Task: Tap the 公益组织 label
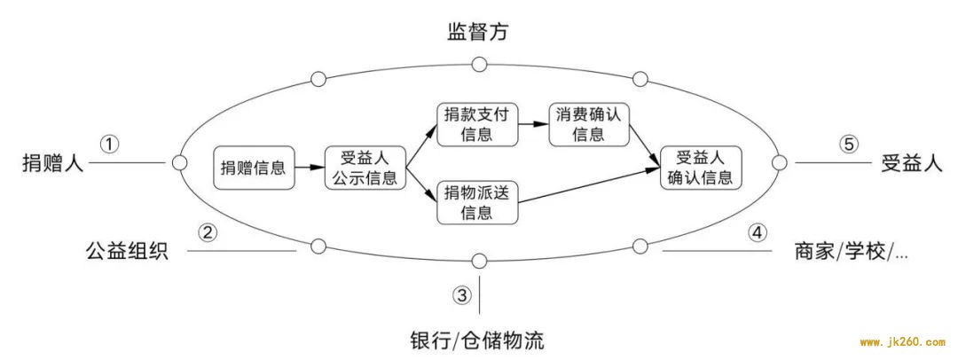[127, 250]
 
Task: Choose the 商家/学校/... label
[851, 251]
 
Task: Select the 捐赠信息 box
[253, 167]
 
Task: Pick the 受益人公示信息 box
[366, 167]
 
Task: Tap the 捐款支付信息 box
[477, 125]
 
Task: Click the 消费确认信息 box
[589, 125]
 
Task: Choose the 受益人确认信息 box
[700, 167]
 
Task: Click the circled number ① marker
[109, 145]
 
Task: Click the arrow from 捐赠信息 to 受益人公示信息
[309, 167]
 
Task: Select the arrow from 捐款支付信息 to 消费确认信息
[533, 124]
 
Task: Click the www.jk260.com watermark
[901, 343]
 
